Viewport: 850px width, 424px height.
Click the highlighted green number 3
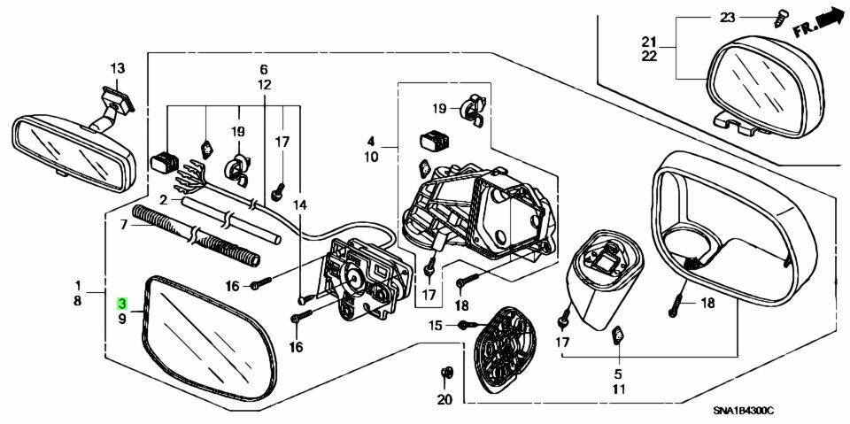point(122,303)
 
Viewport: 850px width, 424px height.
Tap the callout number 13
point(118,69)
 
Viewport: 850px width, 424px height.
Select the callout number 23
point(727,18)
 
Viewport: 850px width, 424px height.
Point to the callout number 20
point(444,400)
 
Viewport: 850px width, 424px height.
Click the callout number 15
point(436,326)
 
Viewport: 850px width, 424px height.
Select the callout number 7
point(123,223)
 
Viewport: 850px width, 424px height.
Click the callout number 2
point(163,201)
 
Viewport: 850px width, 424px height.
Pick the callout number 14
point(300,205)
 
